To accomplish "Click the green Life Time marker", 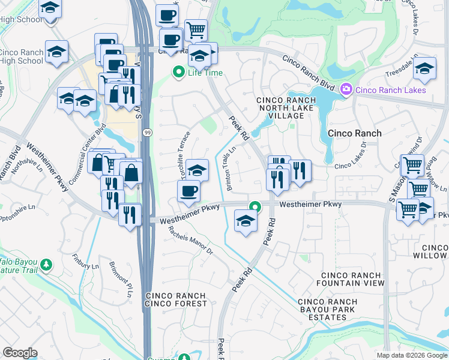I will click(x=178, y=73).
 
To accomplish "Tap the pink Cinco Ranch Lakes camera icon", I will click(x=346, y=90).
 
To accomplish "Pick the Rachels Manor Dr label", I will click(x=191, y=241).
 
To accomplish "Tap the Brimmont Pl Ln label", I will click(x=120, y=277).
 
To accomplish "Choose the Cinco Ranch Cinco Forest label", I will click(x=176, y=300).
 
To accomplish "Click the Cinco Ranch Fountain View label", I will click(x=352, y=278).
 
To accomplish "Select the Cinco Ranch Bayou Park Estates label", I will click(x=327, y=306).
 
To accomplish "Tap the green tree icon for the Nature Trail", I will click(x=46, y=264).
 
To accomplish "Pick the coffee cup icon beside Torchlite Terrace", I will click(x=188, y=191).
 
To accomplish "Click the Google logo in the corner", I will click(x=20, y=353).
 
